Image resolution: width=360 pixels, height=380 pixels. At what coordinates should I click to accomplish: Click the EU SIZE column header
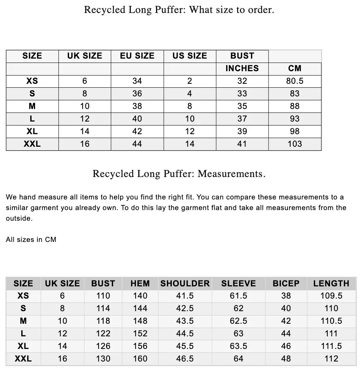pos(137,56)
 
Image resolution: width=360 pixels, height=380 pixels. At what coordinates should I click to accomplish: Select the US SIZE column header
pos(189,56)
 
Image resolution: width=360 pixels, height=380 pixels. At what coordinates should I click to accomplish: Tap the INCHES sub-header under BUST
pos(242,68)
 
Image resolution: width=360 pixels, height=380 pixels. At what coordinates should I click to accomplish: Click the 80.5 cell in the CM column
pos(295,81)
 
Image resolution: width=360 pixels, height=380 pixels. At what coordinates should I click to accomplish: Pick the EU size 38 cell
pos(137,106)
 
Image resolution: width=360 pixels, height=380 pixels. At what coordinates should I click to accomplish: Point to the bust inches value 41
pos(242,144)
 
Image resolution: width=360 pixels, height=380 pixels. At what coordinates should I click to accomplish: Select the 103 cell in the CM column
pos(295,144)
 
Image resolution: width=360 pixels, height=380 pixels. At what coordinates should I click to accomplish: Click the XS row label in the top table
pos(32,81)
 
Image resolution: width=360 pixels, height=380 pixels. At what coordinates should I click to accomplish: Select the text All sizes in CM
pos(31,239)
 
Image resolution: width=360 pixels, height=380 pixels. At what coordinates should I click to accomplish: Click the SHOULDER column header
pos(185,283)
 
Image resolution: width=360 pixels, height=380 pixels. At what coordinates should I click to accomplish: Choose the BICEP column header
pos(286,283)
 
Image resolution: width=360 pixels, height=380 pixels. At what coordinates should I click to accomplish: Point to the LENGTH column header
pos(331,283)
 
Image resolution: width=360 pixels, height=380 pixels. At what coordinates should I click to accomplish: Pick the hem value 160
pos(140,359)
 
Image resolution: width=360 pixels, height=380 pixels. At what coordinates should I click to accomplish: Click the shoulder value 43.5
pos(185,321)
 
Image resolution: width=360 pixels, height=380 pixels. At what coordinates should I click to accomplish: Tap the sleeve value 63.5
pos(238,346)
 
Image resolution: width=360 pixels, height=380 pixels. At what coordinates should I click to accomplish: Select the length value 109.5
pos(331,296)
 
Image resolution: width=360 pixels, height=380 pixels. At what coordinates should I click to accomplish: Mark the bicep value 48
pos(286,359)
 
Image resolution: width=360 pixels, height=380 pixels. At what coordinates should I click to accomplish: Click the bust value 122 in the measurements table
pos(103,334)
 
